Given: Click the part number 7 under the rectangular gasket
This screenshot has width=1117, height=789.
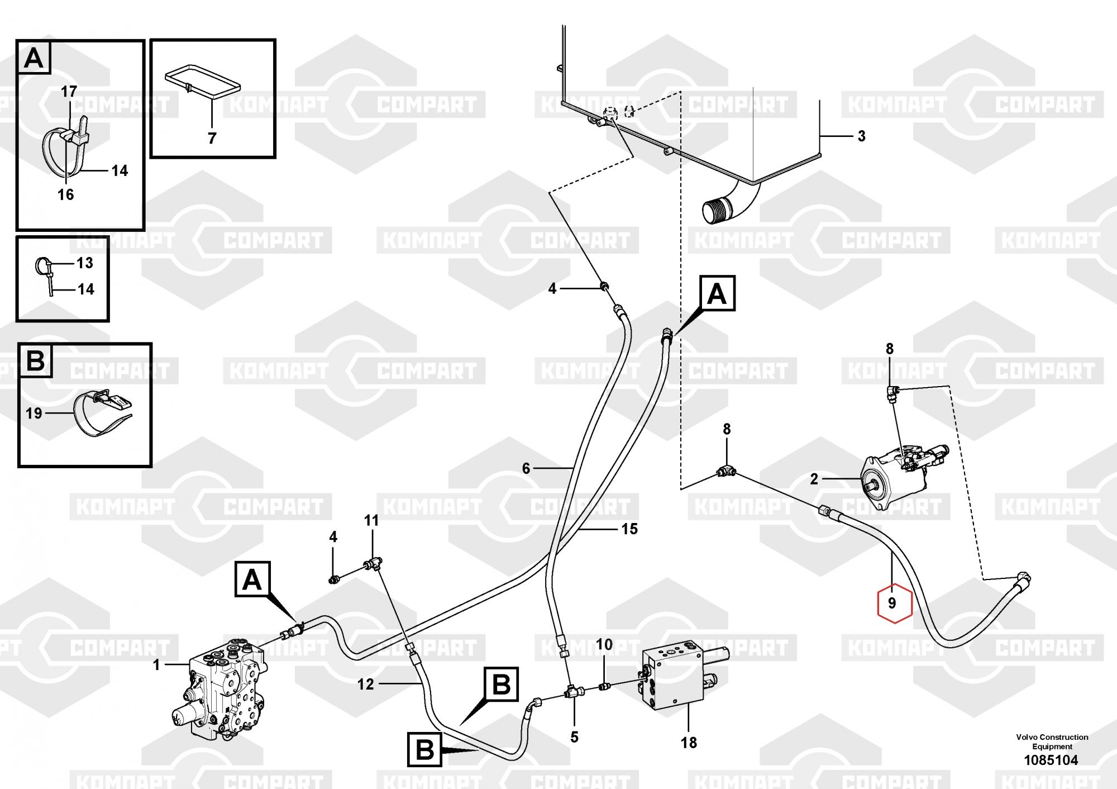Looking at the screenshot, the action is pyautogui.click(x=212, y=138).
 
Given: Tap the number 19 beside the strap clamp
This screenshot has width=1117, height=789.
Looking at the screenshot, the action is pyautogui.click(x=34, y=413).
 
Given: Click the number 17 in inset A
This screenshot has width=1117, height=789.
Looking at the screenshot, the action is pyautogui.click(x=69, y=91).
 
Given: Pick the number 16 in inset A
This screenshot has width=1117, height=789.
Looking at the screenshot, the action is pyautogui.click(x=65, y=194).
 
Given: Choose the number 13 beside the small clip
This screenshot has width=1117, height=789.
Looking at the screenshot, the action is pyautogui.click(x=85, y=263).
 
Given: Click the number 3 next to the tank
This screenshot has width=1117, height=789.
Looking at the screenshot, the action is pyautogui.click(x=861, y=136).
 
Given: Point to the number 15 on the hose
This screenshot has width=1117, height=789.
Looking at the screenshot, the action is pyautogui.click(x=629, y=529).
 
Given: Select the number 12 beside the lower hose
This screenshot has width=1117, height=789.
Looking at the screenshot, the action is pyautogui.click(x=365, y=684).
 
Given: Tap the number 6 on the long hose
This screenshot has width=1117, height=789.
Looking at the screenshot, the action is pyautogui.click(x=526, y=468).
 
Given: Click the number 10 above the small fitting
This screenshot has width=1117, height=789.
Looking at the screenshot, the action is pyautogui.click(x=604, y=644).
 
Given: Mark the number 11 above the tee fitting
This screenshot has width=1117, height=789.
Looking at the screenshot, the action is pyautogui.click(x=371, y=521).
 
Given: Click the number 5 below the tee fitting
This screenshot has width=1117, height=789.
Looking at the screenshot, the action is pyautogui.click(x=574, y=737).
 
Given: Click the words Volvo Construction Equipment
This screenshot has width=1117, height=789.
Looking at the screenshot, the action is pyautogui.click(x=1052, y=742).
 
